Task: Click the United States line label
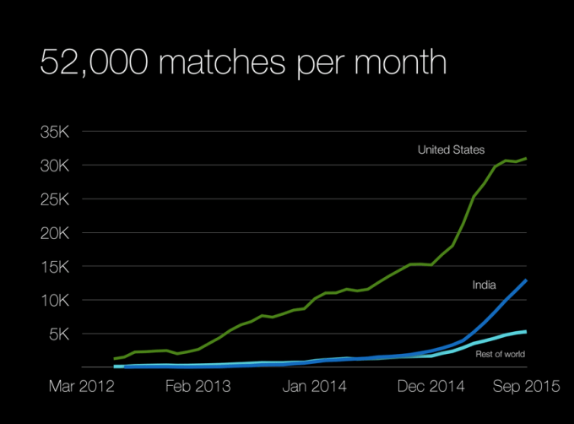pos(451,150)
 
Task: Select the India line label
pos(484,286)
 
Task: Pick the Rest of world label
pos(501,355)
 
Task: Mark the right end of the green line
pos(527,158)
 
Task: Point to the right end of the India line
pos(527,280)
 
